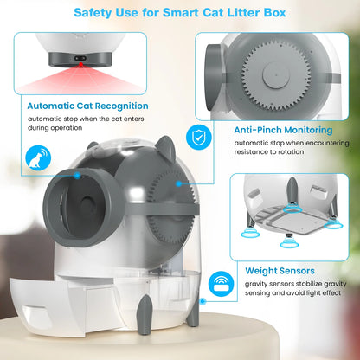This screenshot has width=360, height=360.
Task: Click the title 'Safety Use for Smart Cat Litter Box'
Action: (180, 13)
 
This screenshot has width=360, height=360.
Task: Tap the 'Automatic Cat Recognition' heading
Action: (87, 106)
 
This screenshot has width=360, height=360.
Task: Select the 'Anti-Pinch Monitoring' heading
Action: (283, 130)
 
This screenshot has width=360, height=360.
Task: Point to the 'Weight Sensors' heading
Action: (280, 271)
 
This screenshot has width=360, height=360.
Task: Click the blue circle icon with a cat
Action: (38, 158)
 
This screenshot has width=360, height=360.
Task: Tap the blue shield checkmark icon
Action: (199, 137)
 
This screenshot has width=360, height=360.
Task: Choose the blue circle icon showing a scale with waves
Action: (222, 284)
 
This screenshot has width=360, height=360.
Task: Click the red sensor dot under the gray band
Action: (81, 63)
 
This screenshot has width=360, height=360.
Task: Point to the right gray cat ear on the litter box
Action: (166, 148)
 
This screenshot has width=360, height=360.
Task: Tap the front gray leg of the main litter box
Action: (145, 314)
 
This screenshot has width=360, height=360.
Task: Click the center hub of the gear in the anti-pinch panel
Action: (276, 76)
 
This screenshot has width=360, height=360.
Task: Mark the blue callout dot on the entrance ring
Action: (77, 175)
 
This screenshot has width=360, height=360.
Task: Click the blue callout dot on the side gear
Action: (179, 183)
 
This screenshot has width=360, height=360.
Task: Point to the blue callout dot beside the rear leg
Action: (202, 301)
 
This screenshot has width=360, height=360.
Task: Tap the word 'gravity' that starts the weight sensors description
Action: (255, 285)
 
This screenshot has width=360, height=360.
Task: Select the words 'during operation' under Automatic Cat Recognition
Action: (55, 128)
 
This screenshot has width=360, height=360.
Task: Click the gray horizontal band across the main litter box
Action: (162, 209)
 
